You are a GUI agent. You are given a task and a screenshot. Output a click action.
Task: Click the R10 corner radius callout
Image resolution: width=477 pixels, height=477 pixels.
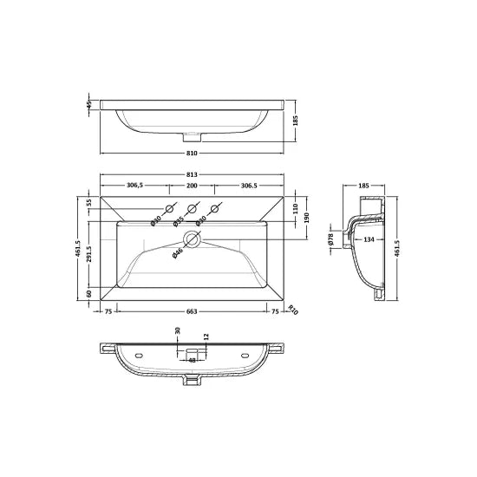coord(292,308)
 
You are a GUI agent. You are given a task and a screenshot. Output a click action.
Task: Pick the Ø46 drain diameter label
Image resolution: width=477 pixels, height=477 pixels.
coord(179,254)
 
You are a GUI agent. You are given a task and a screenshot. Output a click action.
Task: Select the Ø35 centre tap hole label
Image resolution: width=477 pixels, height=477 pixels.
coord(179,221)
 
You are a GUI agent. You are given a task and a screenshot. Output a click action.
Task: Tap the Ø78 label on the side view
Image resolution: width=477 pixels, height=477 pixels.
coord(331,238)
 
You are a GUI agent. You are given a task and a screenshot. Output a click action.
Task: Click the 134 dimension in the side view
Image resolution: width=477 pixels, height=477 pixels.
coord(369,239)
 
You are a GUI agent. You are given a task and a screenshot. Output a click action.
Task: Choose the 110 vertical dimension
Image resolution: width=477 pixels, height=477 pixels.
coord(295,209)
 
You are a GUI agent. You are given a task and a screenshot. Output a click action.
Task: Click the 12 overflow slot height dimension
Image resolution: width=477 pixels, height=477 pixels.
coord(206,337)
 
